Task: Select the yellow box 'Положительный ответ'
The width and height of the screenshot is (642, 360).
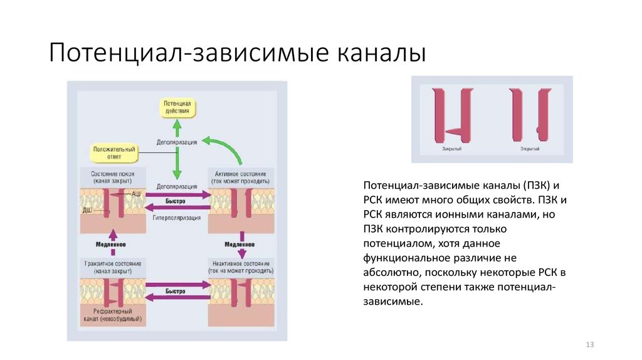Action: point(114,152)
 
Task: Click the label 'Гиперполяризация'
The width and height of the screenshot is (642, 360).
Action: point(176,218)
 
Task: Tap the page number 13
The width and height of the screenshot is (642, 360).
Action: point(589,344)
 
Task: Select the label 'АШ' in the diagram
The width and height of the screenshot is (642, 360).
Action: point(136,194)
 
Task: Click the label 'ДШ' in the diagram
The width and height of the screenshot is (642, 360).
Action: point(88,211)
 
